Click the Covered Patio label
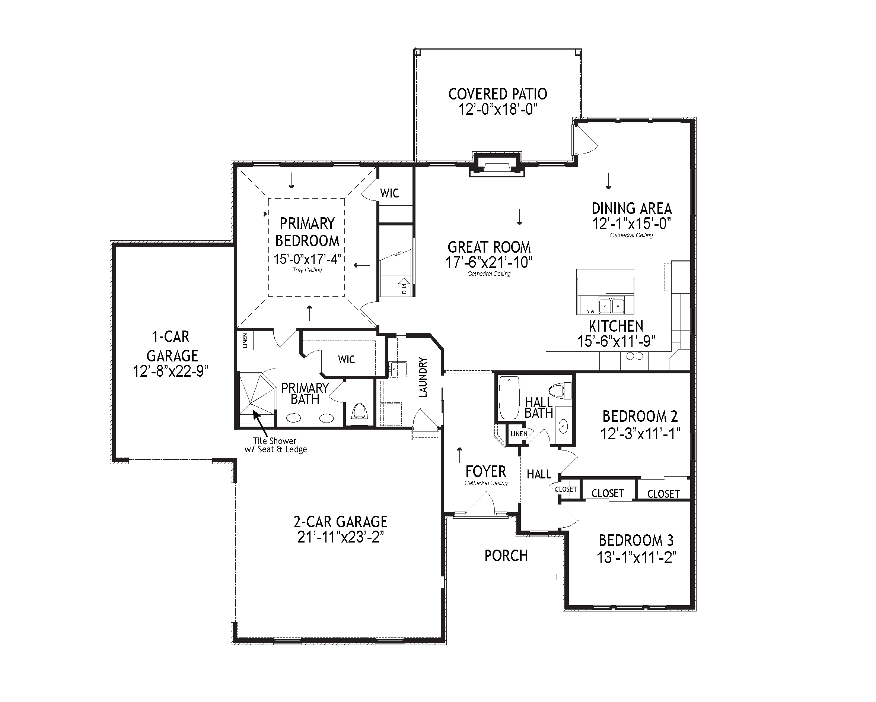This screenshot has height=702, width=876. (497, 94)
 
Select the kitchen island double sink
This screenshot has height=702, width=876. (612, 305)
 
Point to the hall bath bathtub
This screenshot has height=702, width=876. (509, 398)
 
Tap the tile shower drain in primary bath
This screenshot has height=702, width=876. (251, 403)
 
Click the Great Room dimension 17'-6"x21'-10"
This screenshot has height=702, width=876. (489, 263)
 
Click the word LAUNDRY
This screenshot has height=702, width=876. (423, 377)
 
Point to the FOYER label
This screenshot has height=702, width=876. (485, 472)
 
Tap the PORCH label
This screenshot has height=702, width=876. (506, 556)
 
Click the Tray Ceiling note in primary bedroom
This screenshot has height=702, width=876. (307, 270)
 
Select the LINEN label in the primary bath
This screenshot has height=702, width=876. (245, 341)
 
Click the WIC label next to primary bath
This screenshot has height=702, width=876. (346, 359)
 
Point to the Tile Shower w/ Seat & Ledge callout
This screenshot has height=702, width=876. (275, 445)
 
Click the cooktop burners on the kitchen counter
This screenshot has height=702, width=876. (635, 356)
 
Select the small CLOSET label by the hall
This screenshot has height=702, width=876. (566, 489)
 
